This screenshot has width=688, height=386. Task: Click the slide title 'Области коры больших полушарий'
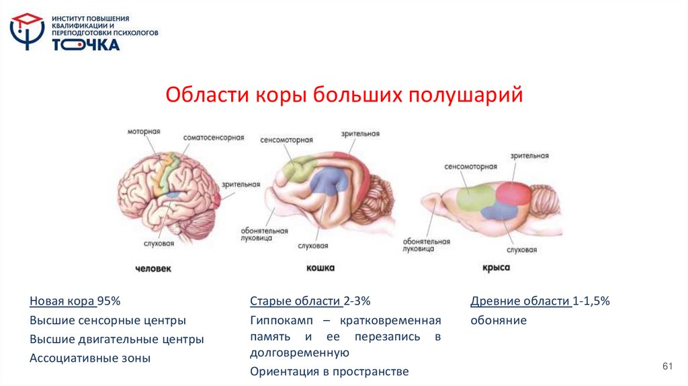pyautogui.click(x=344, y=95)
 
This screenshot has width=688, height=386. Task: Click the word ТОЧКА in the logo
pyautogui.click(x=86, y=44)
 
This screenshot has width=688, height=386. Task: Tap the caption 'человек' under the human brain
pyautogui.click(x=153, y=269)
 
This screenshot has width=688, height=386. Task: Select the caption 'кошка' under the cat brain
pyautogui.click(x=320, y=268)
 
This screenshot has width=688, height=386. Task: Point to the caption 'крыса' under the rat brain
pyautogui.click(x=496, y=268)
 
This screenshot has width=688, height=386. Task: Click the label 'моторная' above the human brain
pyautogui.click(x=144, y=131)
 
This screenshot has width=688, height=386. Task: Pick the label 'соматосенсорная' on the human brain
pyautogui.click(x=214, y=137)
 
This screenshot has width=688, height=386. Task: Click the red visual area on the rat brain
pyautogui.click(x=512, y=192)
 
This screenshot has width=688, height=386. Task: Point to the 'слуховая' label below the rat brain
pyautogui.click(x=522, y=249)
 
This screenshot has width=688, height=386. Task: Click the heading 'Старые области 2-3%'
pyautogui.click(x=310, y=301)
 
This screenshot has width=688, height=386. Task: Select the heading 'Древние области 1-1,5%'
pyautogui.click(x=540, y=301)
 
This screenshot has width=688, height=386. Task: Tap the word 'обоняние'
pyautogui.click(x=499, y=320)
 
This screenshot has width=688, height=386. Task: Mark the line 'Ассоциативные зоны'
pyautogui.click(x=90, y=358)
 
